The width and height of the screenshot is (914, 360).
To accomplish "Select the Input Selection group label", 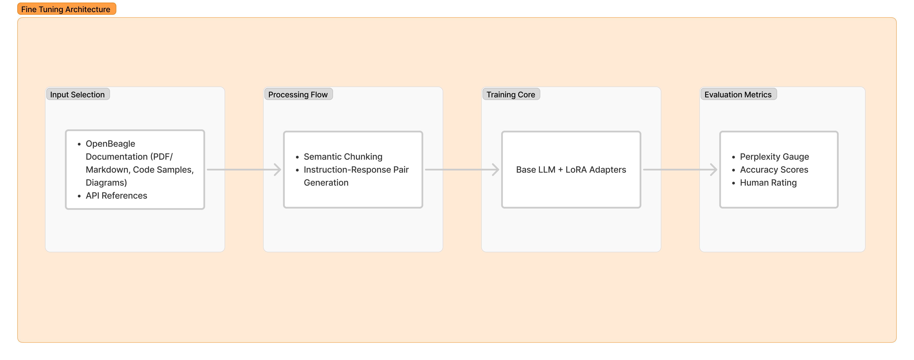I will pos(77,94).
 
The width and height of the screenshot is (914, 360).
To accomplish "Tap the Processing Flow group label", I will pos(298,94).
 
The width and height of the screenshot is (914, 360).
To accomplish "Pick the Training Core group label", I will pos(511,94).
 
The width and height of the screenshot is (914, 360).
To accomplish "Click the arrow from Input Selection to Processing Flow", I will pos(244,170).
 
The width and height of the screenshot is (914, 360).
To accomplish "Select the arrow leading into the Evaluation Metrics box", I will pos(680,170).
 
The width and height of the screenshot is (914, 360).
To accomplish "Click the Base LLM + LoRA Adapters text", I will pos(571,170).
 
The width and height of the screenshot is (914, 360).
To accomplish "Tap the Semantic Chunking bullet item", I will pos(343,156).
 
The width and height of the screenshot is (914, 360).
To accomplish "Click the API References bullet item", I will pos(116,195).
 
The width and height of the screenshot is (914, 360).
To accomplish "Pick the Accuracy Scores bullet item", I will pos(774,170).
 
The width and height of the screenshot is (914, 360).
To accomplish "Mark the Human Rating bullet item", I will pos(768,183).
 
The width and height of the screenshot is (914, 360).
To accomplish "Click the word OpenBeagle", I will pos(110,144).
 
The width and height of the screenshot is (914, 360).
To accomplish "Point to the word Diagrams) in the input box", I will pos(106,183).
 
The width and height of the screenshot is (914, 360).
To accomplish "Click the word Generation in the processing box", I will pos(326,183).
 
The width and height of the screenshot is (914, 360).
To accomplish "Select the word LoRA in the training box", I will pos(576,170).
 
